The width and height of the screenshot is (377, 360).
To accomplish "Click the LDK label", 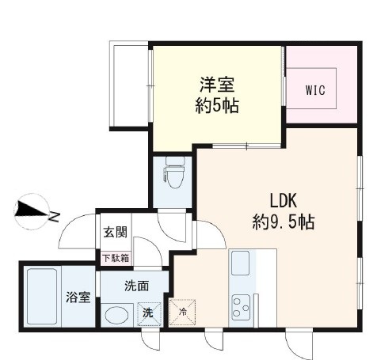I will coord(283,199).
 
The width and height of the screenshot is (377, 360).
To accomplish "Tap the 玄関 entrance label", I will coord(115,233).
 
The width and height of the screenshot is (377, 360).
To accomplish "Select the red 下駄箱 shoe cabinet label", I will coord(116,257).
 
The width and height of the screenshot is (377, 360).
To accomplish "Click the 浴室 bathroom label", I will coord(78,298).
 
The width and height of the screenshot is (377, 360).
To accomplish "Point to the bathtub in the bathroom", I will coord(41,297).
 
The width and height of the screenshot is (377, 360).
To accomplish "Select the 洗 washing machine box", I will coord(148,314).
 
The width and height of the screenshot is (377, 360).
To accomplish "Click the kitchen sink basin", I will coord(241,262).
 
